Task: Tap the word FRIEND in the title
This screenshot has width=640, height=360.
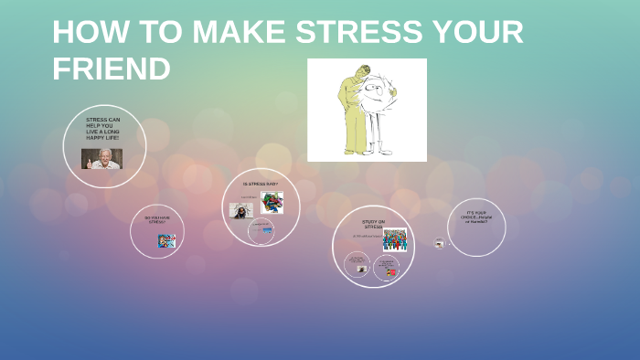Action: (x=111, y=69)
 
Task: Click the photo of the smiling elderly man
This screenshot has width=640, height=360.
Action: (x=101, y=159)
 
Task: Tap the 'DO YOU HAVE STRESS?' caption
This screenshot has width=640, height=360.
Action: (x=157, y=219)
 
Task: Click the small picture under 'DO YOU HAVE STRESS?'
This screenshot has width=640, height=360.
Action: (x=166, y=241)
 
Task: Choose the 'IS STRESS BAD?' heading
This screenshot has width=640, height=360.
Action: (x=260, y=184)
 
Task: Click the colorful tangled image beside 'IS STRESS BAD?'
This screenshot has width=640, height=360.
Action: (x=272, y=203)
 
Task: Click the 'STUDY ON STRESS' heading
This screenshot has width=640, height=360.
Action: (x=373, y=224)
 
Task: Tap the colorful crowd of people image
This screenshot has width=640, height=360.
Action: (x=394, y=239)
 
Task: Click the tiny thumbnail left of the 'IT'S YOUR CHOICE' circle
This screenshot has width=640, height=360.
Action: (x=440, y=244)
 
